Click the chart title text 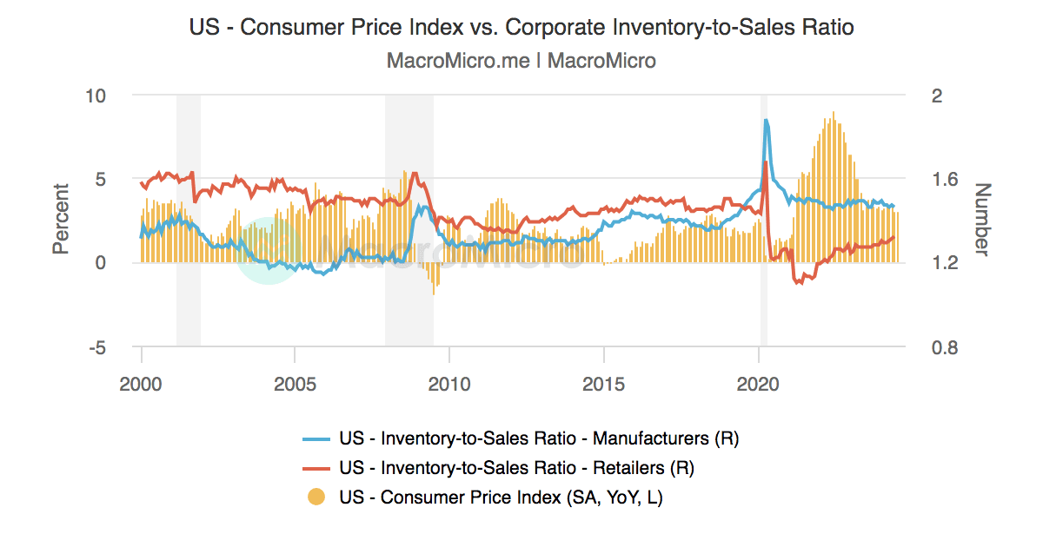point(521,27)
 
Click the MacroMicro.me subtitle point(521,61)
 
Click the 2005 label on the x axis point(295,383)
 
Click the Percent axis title point(60,219)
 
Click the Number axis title point(981,219)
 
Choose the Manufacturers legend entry point(539,438)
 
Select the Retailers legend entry point(517,468)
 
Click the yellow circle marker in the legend point(318,498)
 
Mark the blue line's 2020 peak point(766,121)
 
